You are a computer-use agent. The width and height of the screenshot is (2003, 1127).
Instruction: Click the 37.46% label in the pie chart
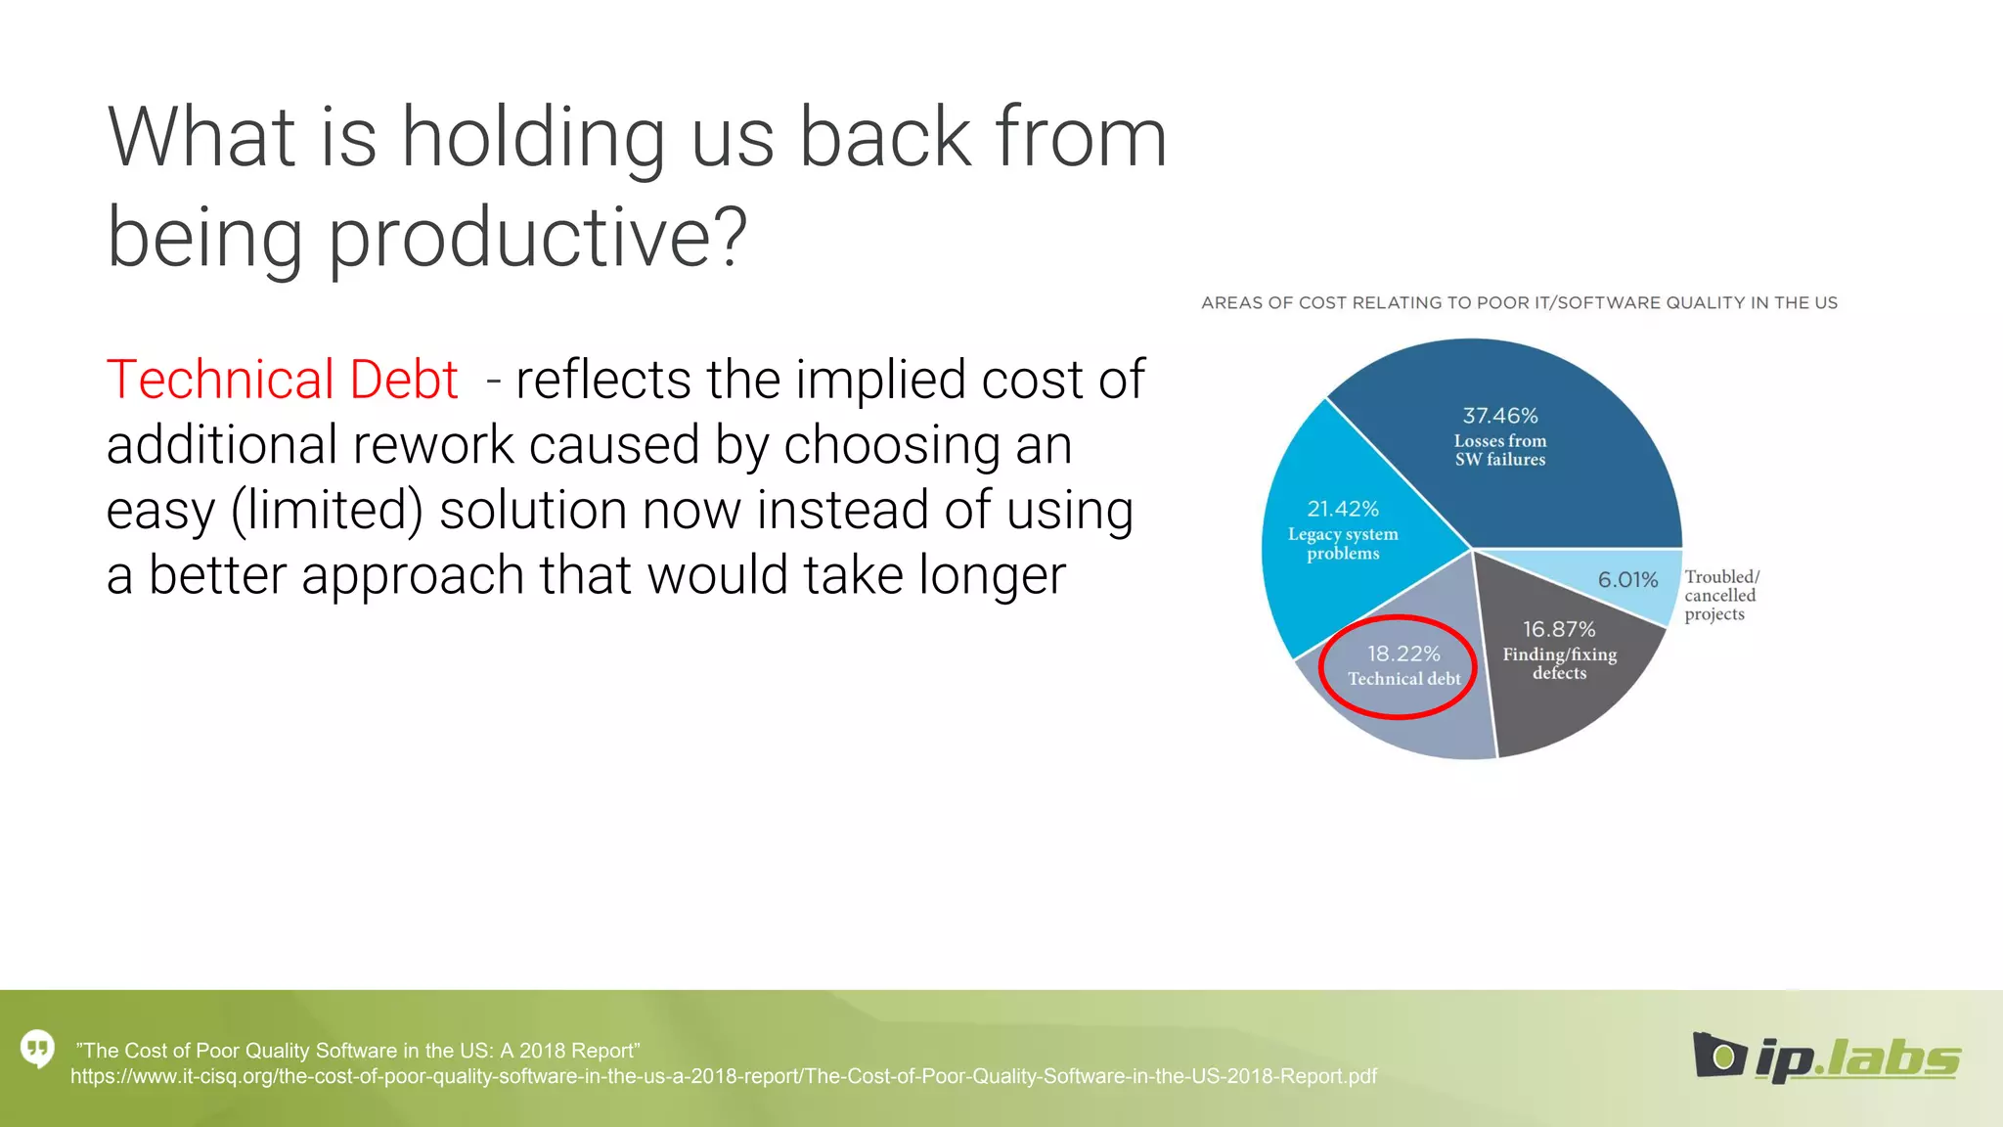pyautogui.click(x=1499, y=416)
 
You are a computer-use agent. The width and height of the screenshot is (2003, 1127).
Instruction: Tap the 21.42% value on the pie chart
pyautogui.click(x=1343, y=509)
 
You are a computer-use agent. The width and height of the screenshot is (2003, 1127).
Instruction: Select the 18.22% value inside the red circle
pyautogui.click(x=1403, y=654)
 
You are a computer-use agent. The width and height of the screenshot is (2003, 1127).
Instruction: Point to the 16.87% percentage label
pyautogui.click(x=1559, y=629)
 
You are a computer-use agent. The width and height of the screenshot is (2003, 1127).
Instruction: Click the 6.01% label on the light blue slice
pyautogui.click(x=1627, y=580)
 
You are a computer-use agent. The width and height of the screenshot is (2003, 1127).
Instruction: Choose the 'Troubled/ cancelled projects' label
pyautogui.click(x=1721, y=595)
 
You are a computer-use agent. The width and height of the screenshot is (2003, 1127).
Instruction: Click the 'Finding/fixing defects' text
pyautogui.click(x=1560, y=663)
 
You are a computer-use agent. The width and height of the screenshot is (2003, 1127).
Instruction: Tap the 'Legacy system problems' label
pyautogui.click(x=1343, y=544)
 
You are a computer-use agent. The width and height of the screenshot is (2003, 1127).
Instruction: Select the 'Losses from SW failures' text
pyautogui.click(x=1499, y=450)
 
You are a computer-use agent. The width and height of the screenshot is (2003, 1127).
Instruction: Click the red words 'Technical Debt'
pyautogui.click(x=282, y=380)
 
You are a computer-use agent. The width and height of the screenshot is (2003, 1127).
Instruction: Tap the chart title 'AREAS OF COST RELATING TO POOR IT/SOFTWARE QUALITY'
pyautogui.click(x=1519, y=303)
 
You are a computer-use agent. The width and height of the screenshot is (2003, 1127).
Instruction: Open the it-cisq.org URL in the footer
pyautogui.click(x=723, y=1076)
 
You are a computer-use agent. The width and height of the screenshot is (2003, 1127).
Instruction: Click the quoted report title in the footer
pyautogui.click(x=358, y=1051)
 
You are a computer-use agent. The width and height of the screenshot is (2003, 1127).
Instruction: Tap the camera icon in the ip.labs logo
pyautogui.click(x=1719, y=1056)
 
